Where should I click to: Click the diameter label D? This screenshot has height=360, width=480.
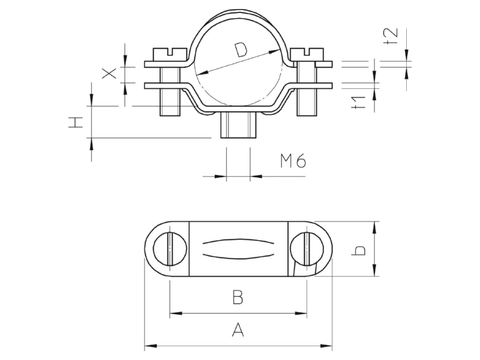pos(241,50)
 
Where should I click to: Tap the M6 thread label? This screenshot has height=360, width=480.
pos(293,161)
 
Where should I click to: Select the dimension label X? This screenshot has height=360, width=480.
pos(109,73)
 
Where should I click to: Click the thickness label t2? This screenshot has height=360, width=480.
pos(391,36)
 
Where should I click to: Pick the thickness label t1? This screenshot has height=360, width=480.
pos(358,102)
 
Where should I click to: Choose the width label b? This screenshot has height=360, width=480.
pos(358,250)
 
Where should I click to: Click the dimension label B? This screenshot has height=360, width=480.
pos(238,297)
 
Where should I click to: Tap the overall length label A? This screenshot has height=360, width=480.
pos(238,330)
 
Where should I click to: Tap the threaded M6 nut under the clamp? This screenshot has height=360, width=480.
pos(238,125)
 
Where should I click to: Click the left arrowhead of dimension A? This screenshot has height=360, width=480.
pos(151,346)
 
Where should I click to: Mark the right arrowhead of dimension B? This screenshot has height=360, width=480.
pos(301,313)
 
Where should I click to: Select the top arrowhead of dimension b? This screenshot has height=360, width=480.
pos(374,228)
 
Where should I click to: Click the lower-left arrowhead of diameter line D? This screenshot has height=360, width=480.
pos(202,73)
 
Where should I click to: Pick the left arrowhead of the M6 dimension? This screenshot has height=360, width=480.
pos(220,176)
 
